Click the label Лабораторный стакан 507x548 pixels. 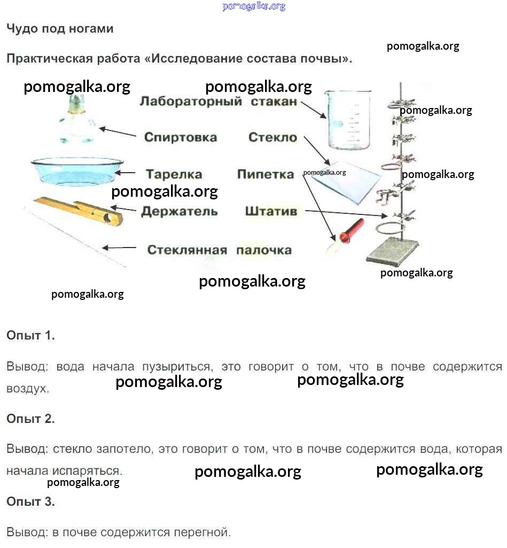(218, 102)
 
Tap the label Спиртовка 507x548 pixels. (181, 137)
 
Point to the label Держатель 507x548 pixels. (180, 211)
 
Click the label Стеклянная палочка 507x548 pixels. (219, 250)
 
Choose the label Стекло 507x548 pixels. (272, 137)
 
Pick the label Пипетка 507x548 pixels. (266, 174)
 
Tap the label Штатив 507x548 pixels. (271, 211)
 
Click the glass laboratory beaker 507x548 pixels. (348, 119)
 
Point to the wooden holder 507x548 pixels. (80, 209)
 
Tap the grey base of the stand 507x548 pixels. (393, 251)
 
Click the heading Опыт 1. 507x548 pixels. (30, 336)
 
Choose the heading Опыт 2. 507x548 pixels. (30, 419)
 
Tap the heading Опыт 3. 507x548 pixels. (30, 501)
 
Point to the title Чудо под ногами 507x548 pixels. (60, 29)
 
